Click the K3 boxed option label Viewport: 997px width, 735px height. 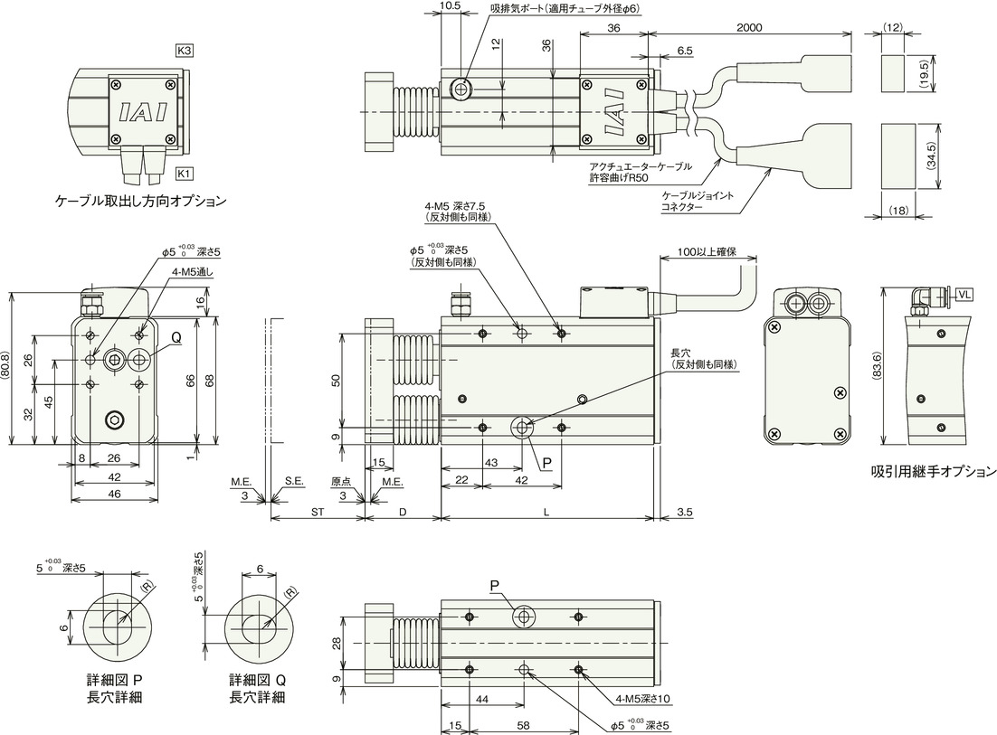click(x=184, y=51)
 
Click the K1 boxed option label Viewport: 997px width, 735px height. click(x=184, y=174)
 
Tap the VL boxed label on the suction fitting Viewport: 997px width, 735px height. click(x=964, y=294)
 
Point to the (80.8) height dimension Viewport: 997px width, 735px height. click(x=5, y=369)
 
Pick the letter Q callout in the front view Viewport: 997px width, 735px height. click(x=176, y=339)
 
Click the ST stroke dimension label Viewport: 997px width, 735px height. click(x=318, y=512)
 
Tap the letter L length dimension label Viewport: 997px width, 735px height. click(x=546, y=512)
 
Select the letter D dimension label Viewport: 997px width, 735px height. click(x=403, y=512)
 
